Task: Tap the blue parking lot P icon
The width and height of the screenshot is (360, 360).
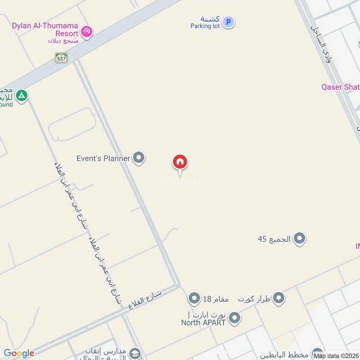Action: click(229, 22)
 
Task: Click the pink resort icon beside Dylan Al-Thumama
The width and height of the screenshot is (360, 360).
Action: click(87, 31)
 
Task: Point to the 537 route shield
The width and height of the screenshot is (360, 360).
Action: click(61, 58)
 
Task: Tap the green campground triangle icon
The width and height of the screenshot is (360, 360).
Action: click(21, 96)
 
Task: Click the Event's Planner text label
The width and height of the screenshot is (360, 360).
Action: click(103, 158)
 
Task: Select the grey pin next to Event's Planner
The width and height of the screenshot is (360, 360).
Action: click(139, 158)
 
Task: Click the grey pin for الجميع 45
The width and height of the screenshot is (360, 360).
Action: click(300, 238)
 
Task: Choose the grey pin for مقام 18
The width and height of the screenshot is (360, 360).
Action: click(194, 298)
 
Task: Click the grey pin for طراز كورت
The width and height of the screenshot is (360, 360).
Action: click(279, 298)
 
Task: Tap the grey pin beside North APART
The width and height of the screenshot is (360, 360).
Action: click(234, 319)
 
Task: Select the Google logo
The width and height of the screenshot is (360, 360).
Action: click(18, 353)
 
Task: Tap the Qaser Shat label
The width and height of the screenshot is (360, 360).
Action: click(340, 87)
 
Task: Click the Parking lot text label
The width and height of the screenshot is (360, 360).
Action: click(205, 26)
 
